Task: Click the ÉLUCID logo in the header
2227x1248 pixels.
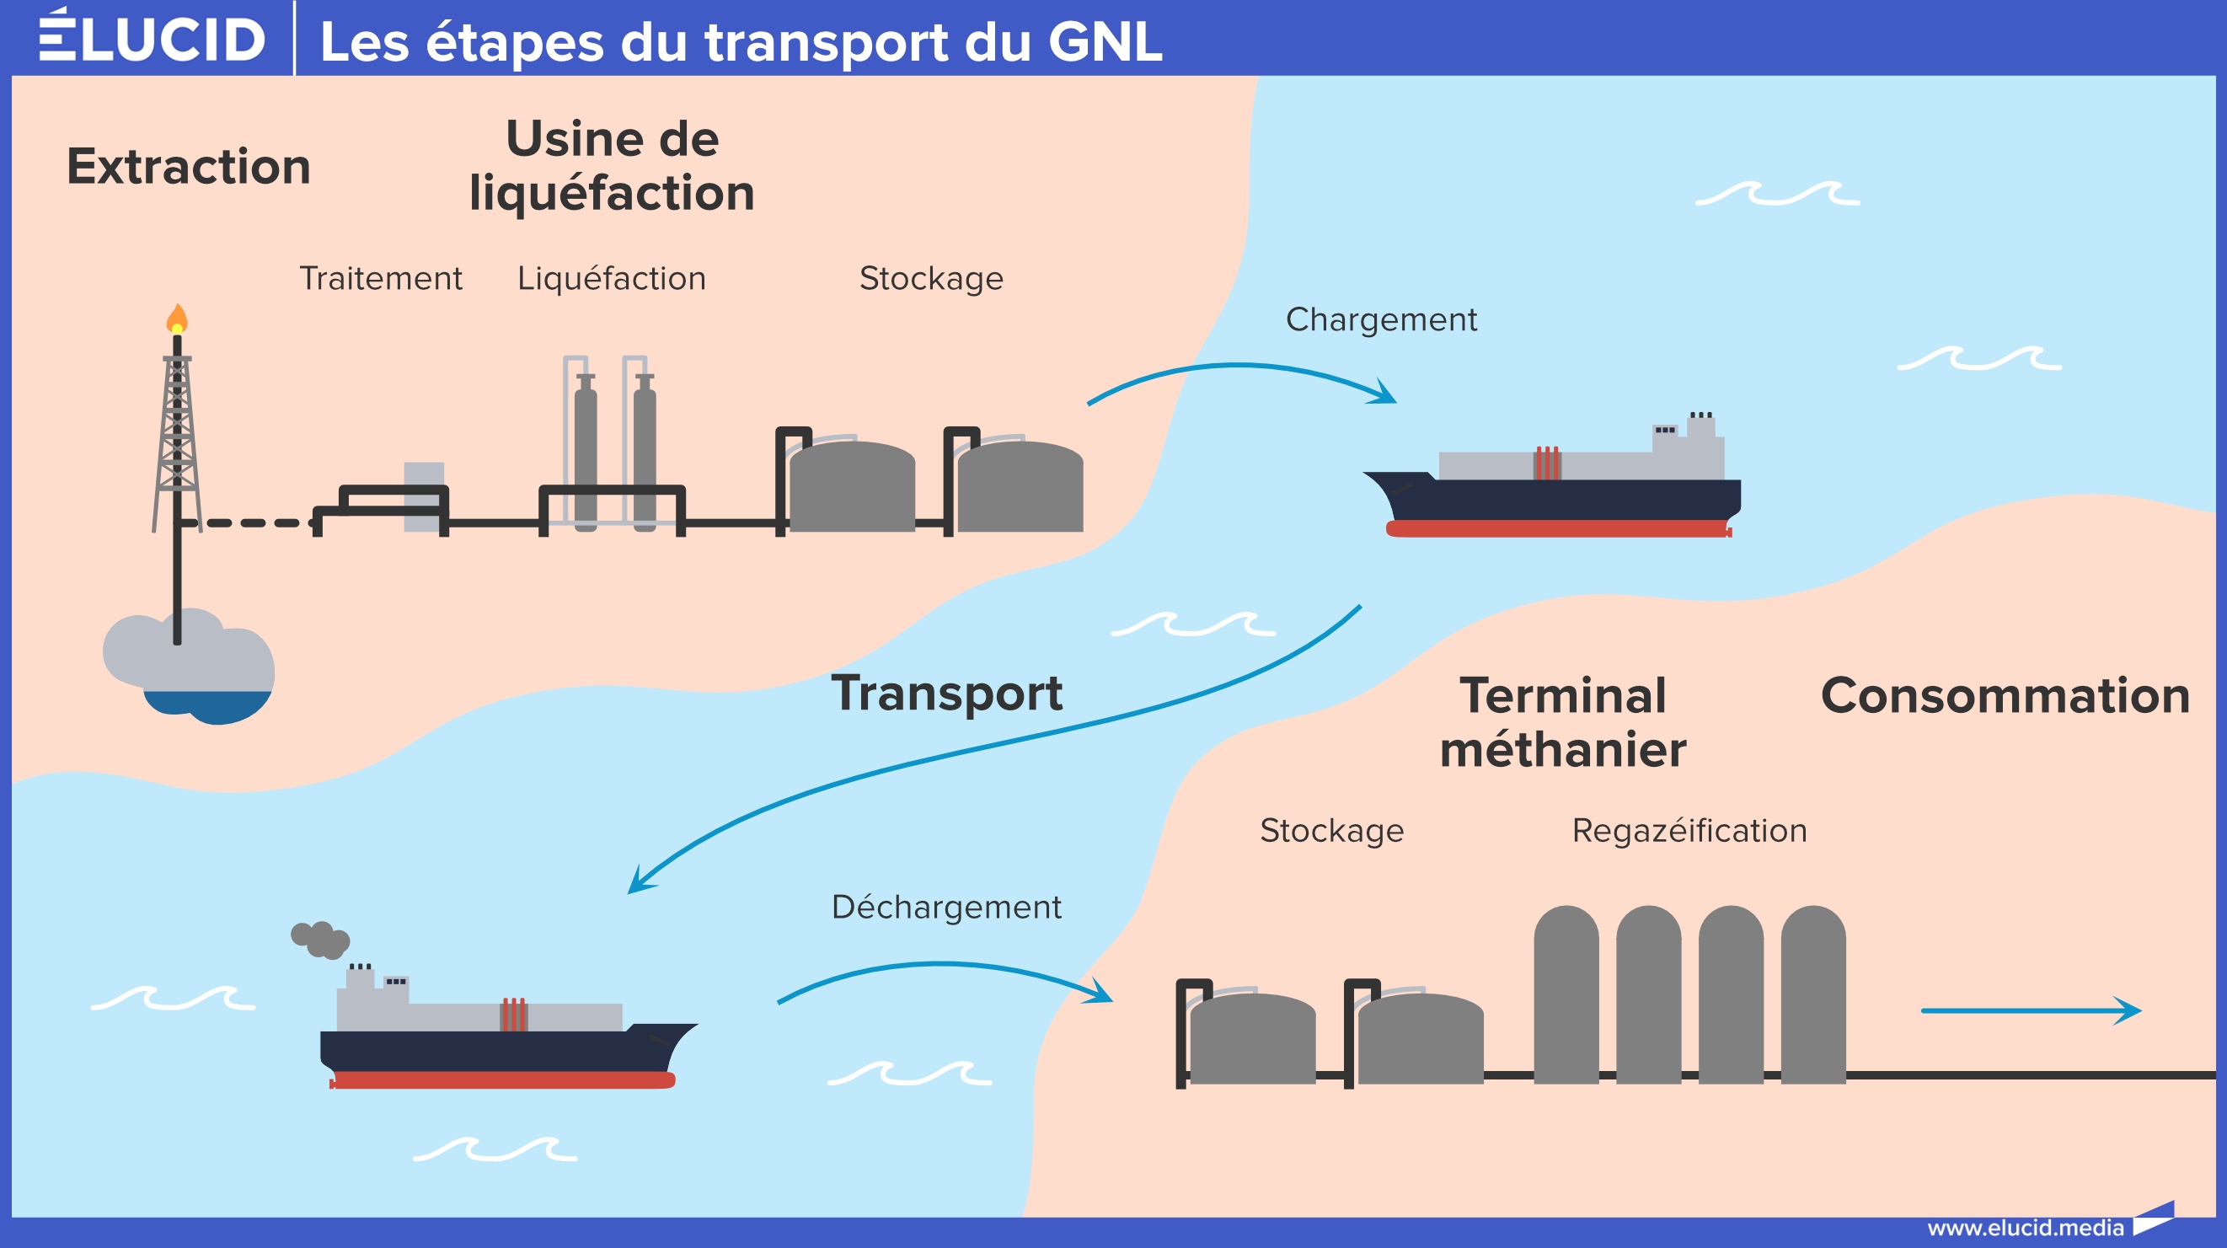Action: (x=153, y=38)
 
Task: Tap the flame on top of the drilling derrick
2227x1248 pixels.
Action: (x=176, y=319)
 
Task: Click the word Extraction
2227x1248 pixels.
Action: (x=189, y=166)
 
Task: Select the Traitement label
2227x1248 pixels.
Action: (x=380, y=278)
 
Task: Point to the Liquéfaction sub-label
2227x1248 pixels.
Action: (x=611, y=278)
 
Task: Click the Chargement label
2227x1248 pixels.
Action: (x=1381, y=320)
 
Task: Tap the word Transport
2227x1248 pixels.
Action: (x=946, y=694)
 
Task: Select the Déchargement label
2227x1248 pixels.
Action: (x=945, y=908)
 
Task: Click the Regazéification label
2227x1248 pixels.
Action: (x=1689, y=831)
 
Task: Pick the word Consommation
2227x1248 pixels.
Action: (x=2005, y=696)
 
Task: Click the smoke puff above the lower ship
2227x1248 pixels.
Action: (x=321, y=940)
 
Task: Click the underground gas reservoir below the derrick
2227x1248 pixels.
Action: (x=189, y=666)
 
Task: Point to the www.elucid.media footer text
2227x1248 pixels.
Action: (x=2025, y=1228)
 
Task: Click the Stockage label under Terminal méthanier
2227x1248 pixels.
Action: (x=1331, y=831)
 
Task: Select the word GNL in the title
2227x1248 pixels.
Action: (x=1104, y=41)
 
